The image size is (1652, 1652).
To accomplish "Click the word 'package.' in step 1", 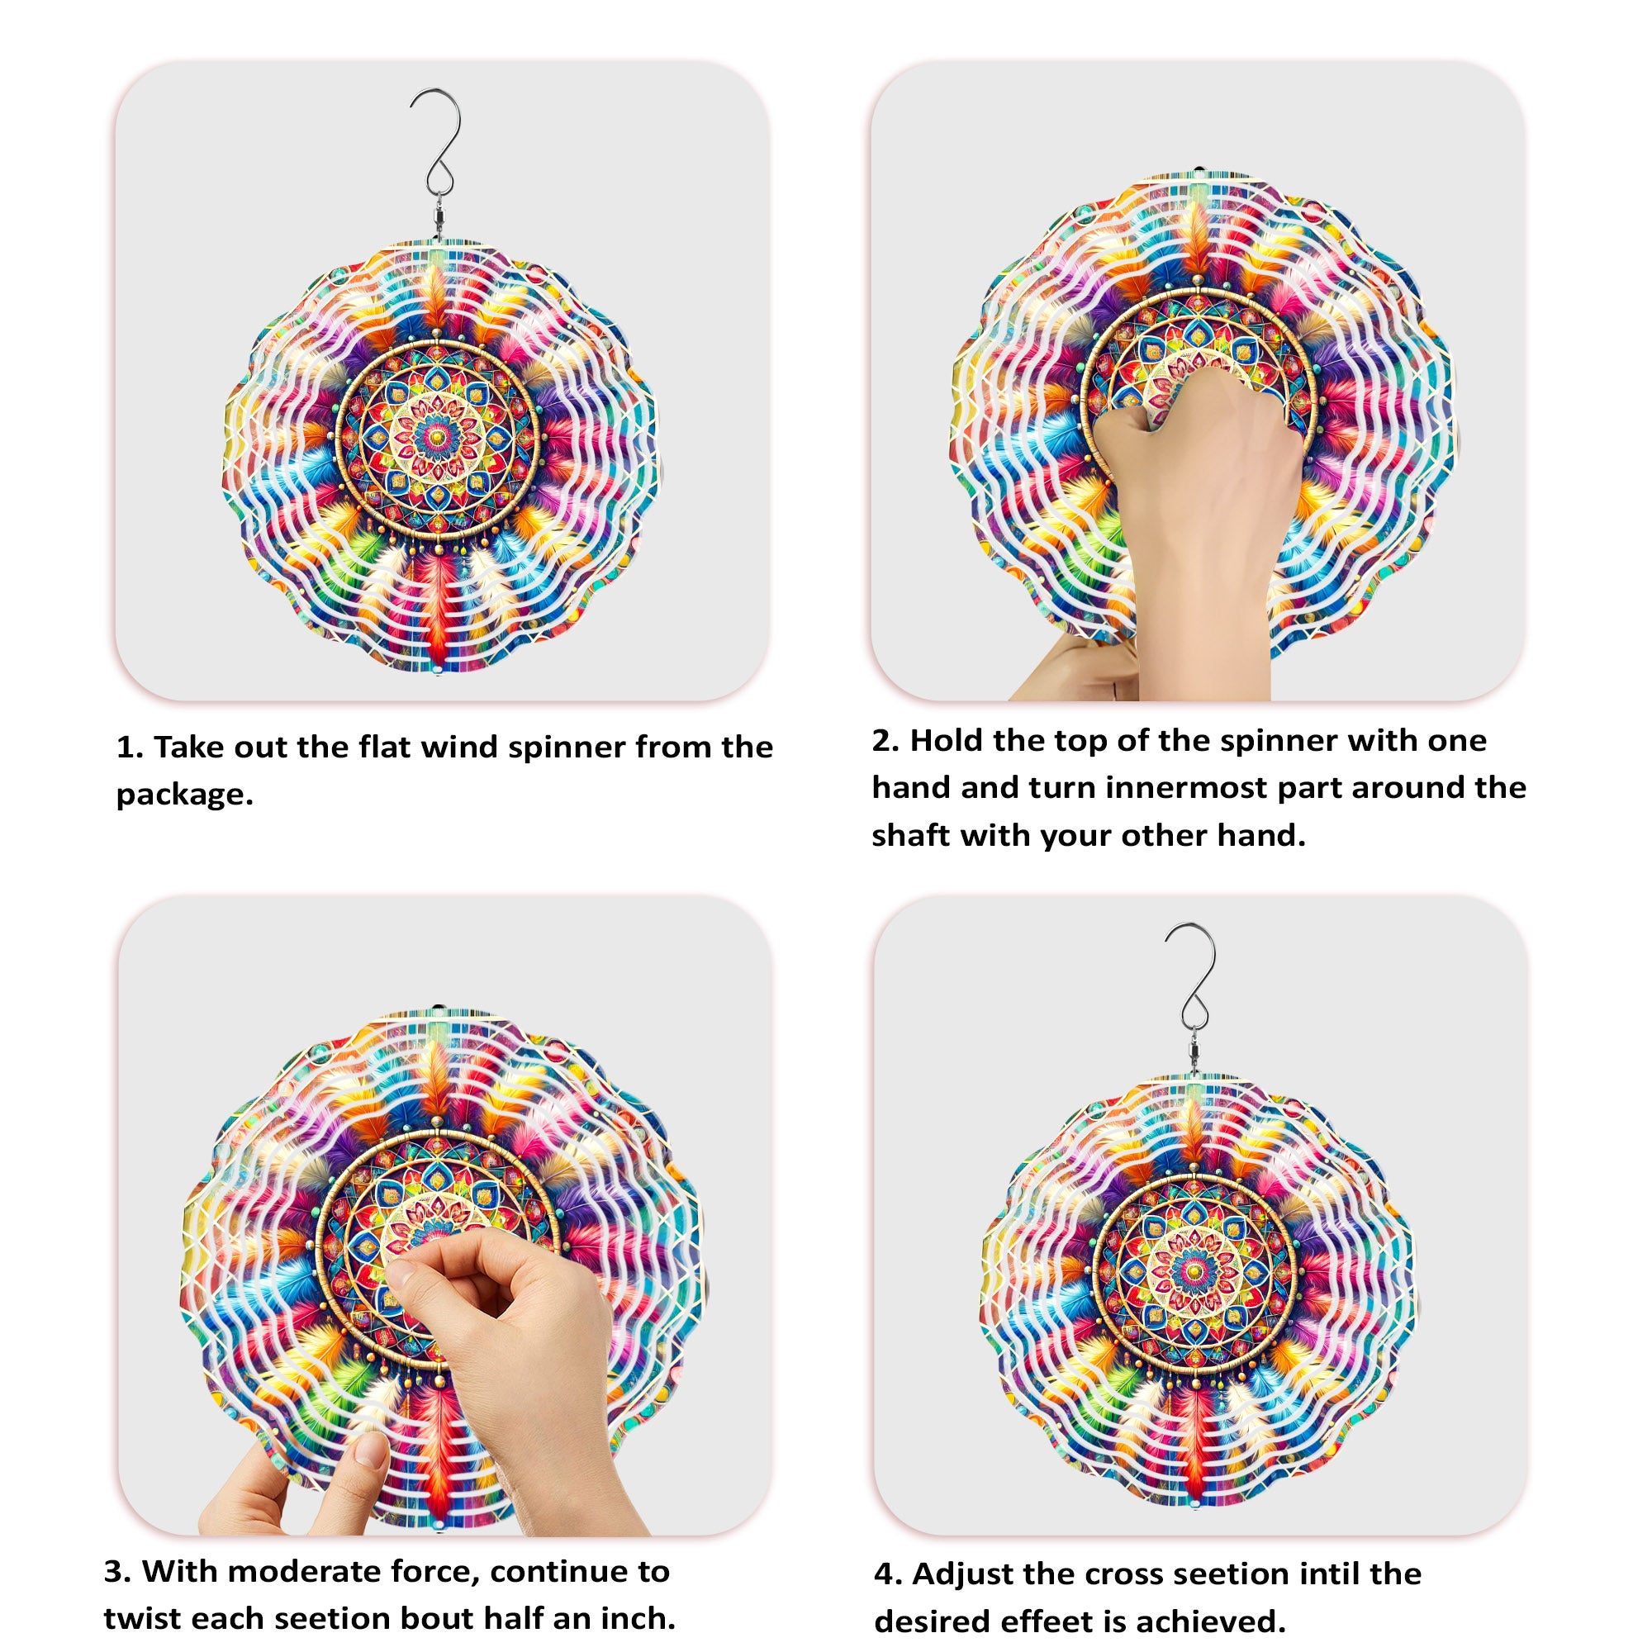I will pyautogui.click(x=185, y=795).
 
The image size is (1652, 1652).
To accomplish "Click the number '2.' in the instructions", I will pyautogui.click(x=885, y=740).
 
